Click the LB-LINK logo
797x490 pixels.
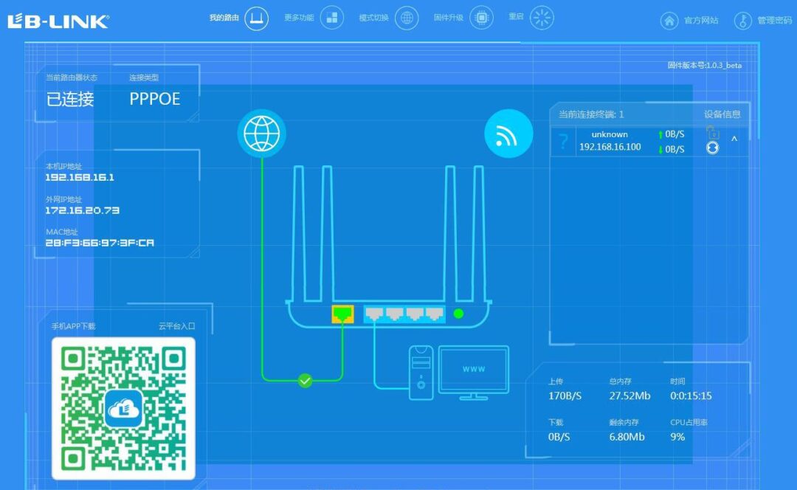point(58,21)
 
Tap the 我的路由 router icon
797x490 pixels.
point(257,18)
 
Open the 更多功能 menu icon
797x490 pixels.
point(332,18)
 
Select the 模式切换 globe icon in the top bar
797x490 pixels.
point(407,18)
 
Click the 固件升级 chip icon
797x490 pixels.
point(481,18)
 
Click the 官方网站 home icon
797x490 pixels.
point(669,21)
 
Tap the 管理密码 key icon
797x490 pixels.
point(742,21)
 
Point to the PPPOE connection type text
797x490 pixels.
point(155,99)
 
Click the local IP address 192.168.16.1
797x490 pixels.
point(80,177)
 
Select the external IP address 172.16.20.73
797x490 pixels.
point(83,210)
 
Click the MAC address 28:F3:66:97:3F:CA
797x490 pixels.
point(100,243)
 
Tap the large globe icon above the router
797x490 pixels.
point(262,134)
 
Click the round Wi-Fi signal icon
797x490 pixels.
point(508,134)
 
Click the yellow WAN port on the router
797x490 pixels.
point(342,314)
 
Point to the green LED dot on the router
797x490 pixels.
point(458,314)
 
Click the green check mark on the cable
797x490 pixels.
point(305,380)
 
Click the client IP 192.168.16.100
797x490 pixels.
point(610,147)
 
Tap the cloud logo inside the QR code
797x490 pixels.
point(123,408)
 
